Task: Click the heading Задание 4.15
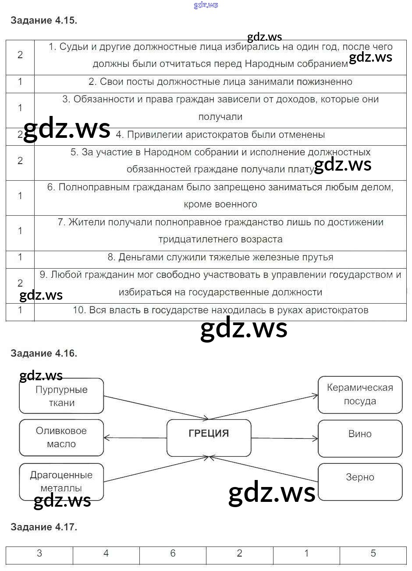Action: [x=44, y=20]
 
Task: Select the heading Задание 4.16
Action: [x=44, y=353]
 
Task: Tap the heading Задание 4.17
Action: [x=44, y=527]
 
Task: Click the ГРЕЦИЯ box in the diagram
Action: [x=209, y=438]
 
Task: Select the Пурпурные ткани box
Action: [x=61, y=396]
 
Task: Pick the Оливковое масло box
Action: [x=61, y=438]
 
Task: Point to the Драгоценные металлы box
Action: [x=61, y=481]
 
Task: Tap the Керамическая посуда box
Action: [x=360, y=394]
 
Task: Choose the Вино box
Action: [x=360, y=438]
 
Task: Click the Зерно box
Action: [x=360, y=481]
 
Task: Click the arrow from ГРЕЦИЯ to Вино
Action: [x=285, y=438]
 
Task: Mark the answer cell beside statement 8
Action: [x=20, y=257]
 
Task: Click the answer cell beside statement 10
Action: [x=20, y=310]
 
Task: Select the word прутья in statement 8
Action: [x=318, y=257]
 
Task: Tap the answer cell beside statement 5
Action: [x=20, y=161]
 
